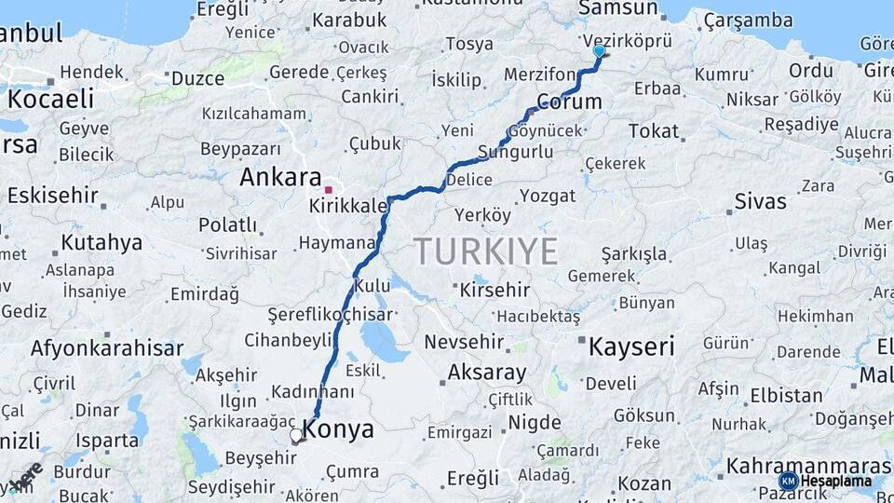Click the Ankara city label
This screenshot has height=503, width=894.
[280, 177]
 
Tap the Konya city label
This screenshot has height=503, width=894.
[339, 429]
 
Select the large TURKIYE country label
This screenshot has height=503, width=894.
[485, 251]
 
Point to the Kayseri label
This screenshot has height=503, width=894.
[631, 347]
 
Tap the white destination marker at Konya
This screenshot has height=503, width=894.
[297, 435]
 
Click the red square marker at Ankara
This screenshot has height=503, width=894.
[328, 190]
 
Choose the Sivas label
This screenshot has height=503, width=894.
[760, 201]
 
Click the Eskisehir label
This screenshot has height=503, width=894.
[52, 195]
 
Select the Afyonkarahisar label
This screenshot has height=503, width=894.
[107, 348]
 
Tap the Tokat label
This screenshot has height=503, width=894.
[654, 131]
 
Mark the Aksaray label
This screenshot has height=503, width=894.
[487, 373]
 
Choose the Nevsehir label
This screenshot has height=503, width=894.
[464, 342]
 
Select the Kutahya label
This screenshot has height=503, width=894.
[102, 243]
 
